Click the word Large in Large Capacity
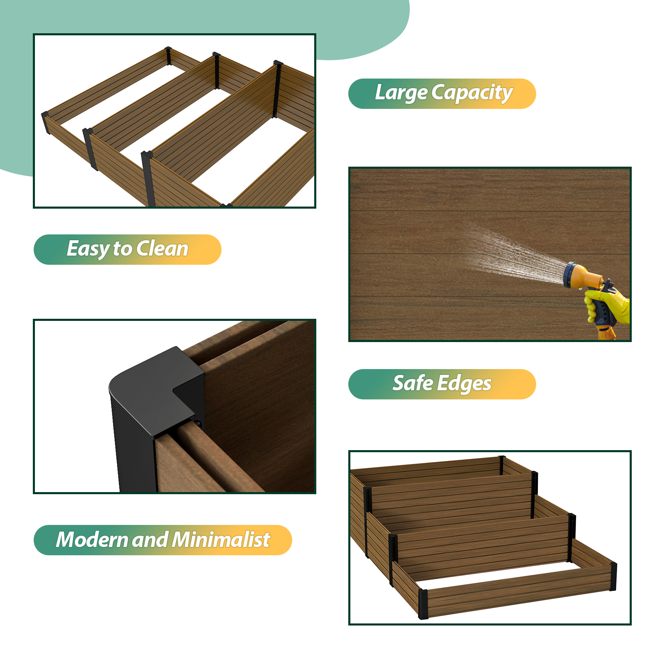click(401, 93)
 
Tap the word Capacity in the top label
click(472, 93)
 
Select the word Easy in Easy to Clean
click(88, 249)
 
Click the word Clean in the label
click(163, 249)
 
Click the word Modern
click(92, 539)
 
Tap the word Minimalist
click(221, 539)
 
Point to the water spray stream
click(515, 254)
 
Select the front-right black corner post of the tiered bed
click(613, 576)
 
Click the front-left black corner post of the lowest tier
click(423, 604)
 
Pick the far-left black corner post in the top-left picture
click(46, 123)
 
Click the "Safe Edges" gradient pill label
click(442, 384)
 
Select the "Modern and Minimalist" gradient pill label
click(163, 540)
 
